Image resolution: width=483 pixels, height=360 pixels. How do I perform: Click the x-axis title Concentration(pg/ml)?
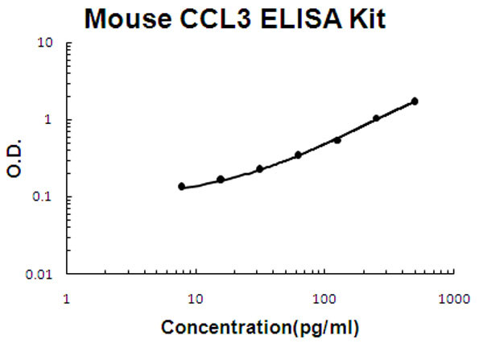coord(261,329)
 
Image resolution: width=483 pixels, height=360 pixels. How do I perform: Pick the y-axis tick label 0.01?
coord(41,274)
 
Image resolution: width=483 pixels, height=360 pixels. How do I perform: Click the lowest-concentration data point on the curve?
coord(182,186)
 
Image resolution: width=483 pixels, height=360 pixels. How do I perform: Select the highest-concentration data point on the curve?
coord(415,101)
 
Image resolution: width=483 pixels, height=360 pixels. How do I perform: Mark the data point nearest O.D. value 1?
coord(376,118)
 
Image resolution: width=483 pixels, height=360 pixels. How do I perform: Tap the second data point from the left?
coord(221,179)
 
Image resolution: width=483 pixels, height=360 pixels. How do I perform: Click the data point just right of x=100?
coord(337,140)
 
